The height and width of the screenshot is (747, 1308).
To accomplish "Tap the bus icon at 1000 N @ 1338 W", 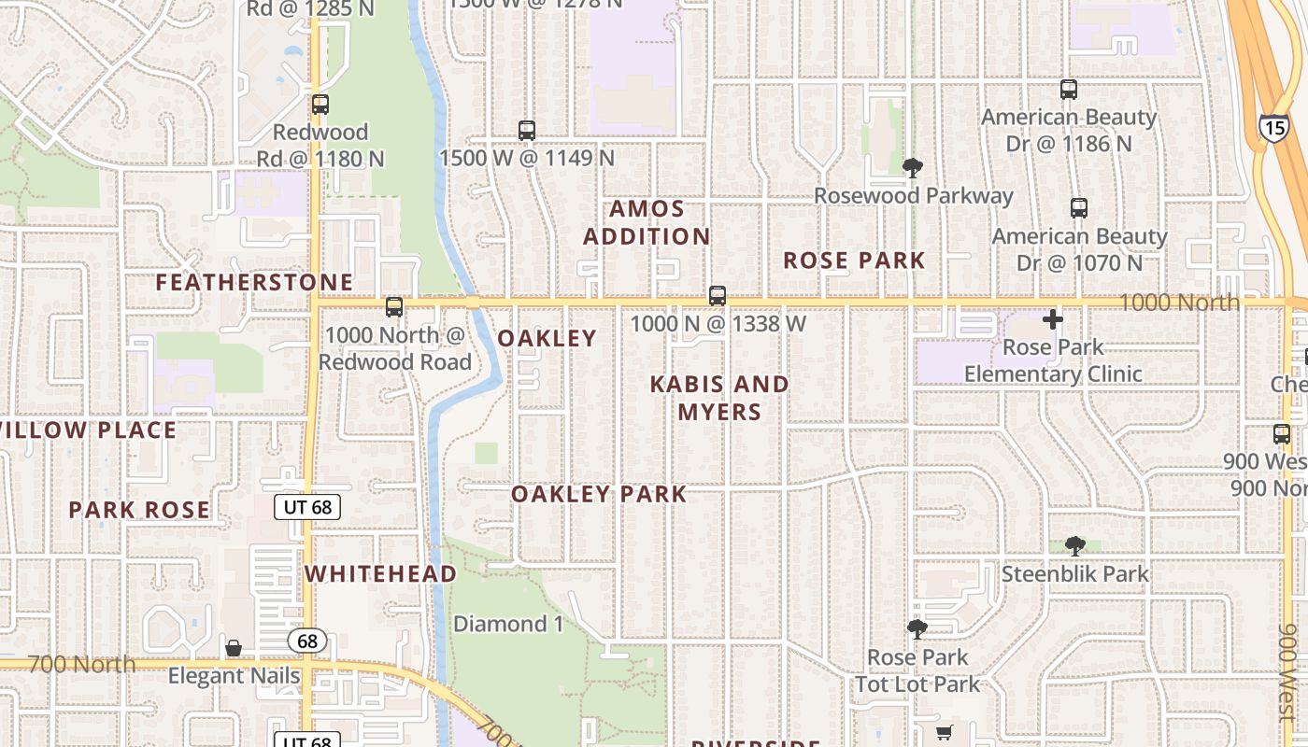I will [x=718, y=296].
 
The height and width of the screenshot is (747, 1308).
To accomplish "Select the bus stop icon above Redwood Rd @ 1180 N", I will [x=320, y=105].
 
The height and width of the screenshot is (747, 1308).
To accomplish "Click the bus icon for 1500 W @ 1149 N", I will [x=527, y=131].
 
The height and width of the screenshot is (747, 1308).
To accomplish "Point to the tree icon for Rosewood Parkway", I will [x=913, y=168].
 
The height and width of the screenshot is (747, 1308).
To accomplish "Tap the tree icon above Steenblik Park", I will [x=1075, y=545].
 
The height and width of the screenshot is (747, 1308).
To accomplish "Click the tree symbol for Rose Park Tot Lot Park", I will [x=917, y=629].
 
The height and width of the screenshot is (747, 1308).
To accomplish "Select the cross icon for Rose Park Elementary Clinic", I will [x=1053, y=319].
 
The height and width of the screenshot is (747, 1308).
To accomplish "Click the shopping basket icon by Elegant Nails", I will [x=234, y=647].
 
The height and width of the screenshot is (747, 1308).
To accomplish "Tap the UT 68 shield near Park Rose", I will [x=307, y=507].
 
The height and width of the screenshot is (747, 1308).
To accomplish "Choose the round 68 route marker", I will [x=307, y=641].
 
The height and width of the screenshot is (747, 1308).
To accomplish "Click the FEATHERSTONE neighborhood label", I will [x=254, y=282].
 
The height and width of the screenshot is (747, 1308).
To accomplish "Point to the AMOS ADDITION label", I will [x=647, y=222].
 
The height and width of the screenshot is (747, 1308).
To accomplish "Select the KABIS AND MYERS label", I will [x=719, y=398].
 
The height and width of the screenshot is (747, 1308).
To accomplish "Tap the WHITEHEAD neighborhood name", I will [x=381, y=573].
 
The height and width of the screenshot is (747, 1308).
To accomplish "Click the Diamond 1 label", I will [x=508, y=624].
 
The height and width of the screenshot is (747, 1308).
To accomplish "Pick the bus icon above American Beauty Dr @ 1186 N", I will [x=1069, y=90].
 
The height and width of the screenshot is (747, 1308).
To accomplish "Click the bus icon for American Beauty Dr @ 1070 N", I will [x=1079, y=208].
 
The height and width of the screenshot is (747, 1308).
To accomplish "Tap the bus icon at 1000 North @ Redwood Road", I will [x=394, y=306].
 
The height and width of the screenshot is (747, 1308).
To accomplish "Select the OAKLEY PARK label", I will [x=599, y=494].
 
